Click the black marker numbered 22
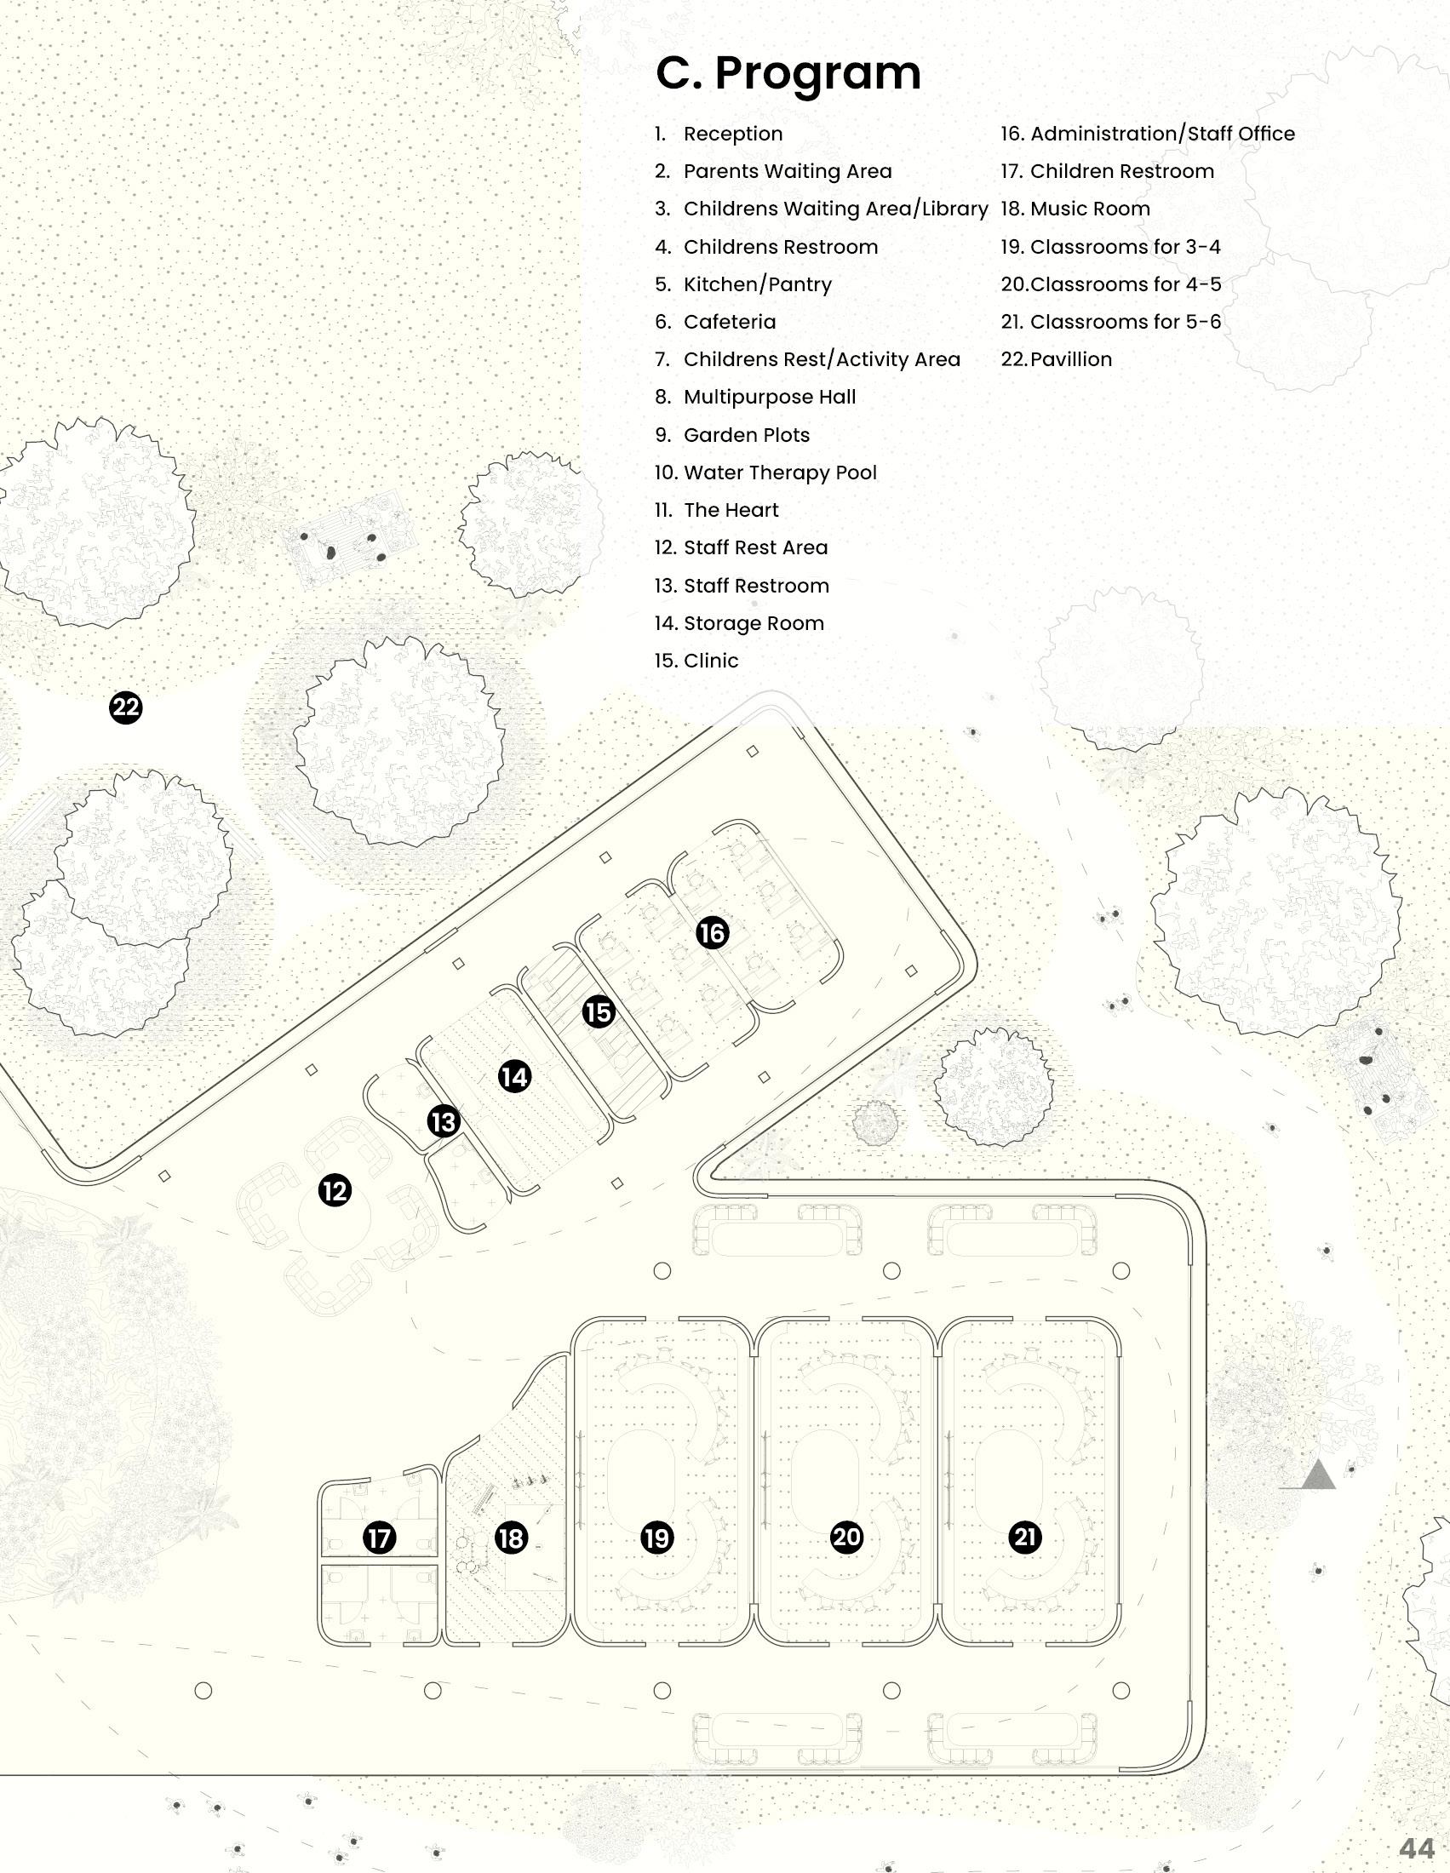[x=126, y=707]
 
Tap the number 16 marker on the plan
[x=713, y=933]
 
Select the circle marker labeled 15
[x=599, y=1012]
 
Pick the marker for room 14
[x=514, y=1076]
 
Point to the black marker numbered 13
[x=444, y=1122]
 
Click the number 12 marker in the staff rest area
[x=335, y=1190]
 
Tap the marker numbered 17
[x=379, y=1538]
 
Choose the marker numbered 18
[x=511, y=1538]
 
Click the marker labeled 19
[x=657, y=1538]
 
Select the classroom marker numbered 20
[x=847, y=1537]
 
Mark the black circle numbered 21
[x=1025, y=1537]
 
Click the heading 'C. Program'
[x=788, y=73]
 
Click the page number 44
[x=1417, y=1848]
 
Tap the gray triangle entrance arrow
[x=1318, y=1476]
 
